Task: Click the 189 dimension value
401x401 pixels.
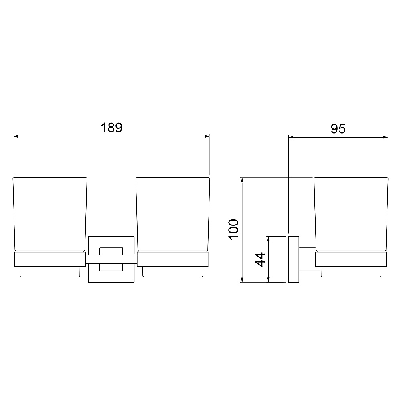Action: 111,128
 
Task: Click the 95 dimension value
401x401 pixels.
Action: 338,128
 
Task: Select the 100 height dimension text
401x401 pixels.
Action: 233,229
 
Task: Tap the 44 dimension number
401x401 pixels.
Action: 260,259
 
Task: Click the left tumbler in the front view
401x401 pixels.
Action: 50,214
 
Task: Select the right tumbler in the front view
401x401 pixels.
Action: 173,214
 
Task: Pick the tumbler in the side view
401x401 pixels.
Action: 351,214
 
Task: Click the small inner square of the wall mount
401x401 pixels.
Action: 111,259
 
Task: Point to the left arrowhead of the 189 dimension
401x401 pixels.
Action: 15,136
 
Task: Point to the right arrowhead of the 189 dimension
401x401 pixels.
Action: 207,136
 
